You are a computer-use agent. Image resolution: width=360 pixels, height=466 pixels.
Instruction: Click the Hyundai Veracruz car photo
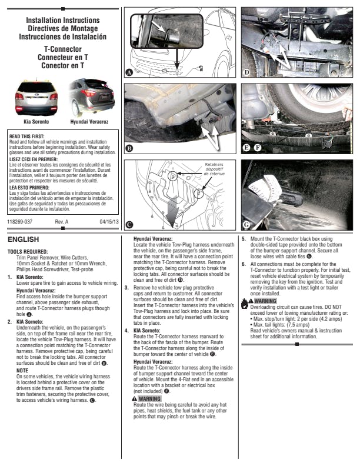[92, 97]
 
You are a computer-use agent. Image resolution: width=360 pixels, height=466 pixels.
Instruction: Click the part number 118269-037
[20, 221]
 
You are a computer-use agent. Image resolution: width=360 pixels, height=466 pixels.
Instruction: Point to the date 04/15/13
[110, 221]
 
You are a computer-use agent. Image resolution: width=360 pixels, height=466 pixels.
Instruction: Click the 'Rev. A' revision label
[62, 221]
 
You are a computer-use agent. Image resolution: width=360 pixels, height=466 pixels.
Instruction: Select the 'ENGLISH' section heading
[23, 240]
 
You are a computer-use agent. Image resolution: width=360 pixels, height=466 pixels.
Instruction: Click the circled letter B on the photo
[129, 148]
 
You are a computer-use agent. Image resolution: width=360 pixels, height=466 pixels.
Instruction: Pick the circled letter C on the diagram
[129, 224]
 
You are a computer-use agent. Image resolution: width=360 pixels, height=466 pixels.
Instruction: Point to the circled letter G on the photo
[247, 224]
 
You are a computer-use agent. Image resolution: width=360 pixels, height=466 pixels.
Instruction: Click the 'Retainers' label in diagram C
[214, 165]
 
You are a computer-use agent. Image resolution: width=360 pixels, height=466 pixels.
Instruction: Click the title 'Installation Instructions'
[63, 21]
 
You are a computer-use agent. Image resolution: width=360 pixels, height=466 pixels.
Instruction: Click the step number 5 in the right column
[244, 239]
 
